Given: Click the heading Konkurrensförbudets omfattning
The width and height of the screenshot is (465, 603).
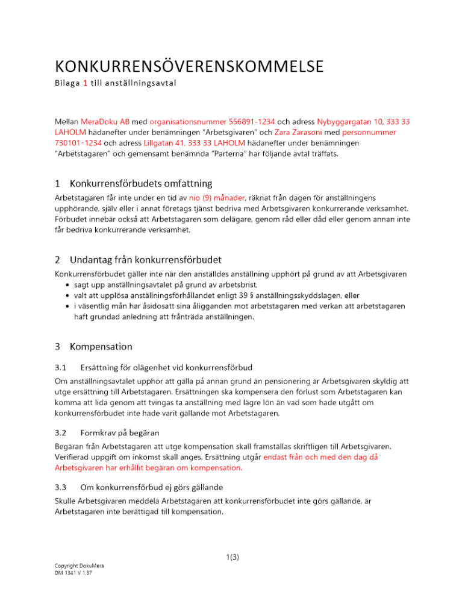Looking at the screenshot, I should pos(140,183).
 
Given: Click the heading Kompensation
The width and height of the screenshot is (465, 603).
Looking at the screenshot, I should pos(101,347).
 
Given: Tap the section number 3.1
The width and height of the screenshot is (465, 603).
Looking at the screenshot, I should pos(61,367).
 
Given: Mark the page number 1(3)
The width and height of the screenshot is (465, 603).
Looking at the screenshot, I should pos(232,557).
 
